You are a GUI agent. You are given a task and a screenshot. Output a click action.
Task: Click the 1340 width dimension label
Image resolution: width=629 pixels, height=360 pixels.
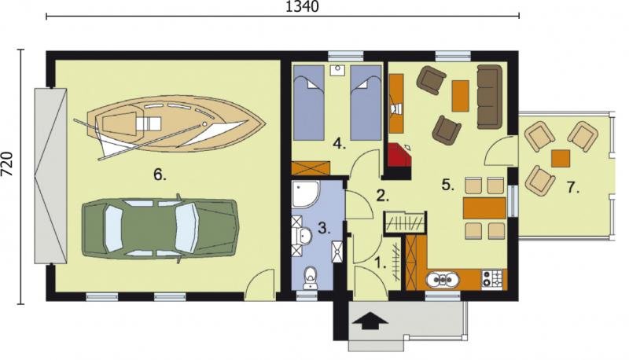(x=302, y=6)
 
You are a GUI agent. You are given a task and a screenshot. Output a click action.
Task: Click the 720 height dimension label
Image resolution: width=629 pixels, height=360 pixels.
(x=7, y=163)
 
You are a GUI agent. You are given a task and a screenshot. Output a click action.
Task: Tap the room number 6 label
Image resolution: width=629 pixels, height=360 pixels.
(x=160, y=174)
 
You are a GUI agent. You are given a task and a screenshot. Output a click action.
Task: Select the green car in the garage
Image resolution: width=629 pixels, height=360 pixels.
(x=160, y=228)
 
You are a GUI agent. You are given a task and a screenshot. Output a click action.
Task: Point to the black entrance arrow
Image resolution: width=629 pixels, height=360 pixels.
(x=370, y=321)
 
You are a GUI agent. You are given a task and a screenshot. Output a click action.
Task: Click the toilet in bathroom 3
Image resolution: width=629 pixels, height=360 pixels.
(x=310, y=277)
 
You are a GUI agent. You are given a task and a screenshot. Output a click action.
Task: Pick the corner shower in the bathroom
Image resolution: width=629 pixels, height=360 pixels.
(x=305, y=195)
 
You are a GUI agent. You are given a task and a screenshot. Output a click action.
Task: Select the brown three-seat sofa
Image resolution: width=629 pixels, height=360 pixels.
(x=489, y=97)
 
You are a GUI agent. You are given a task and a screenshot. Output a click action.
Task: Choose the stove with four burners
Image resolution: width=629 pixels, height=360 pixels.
(x=492, y=278)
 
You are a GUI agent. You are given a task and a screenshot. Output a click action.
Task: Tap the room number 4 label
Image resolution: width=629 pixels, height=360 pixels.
(x=340, y=144)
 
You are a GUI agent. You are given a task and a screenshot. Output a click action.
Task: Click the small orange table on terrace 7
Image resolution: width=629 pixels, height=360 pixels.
(x=561, y=158)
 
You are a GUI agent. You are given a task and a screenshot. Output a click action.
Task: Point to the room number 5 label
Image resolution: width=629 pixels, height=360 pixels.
(x=448, y=185)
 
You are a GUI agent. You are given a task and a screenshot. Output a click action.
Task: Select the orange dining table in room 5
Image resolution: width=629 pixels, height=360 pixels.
(x=484, y=208)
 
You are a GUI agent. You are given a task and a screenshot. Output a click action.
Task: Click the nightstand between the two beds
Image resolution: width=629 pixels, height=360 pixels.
(x=337, y=71)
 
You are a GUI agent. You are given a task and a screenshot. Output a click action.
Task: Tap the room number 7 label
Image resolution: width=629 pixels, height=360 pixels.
(x=573, y=187)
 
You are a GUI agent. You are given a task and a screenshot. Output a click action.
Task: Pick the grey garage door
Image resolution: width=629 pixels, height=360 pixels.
(x=50, y=176)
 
